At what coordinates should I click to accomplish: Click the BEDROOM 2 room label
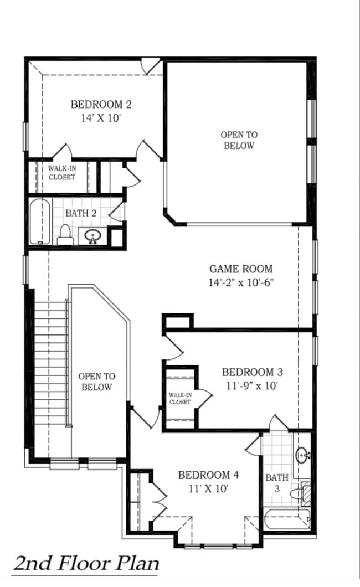pyautogui.click(x=101, y=104)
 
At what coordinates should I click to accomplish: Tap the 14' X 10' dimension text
pyautogui.click(x=101, y=118)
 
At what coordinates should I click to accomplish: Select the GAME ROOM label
pyautogui.click(x=241, y=269)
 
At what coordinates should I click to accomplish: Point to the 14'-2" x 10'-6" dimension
pyautogui.click(x=241, y=282)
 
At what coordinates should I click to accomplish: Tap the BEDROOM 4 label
pyautogui.click(x=208, y=475)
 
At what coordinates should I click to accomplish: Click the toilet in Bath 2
pyautogui.click(x=64, y=235)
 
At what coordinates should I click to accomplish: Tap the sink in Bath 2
pyautogui.click(x=92, y=236)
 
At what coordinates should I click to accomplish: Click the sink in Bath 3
pyautogui.click(x=302, y=455)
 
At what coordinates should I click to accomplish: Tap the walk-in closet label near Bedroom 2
pyautogui.click(x=61, y=173)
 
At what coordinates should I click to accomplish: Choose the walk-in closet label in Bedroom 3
pyautogui.click(x=180, y=398)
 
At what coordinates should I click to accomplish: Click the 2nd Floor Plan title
pyautogui.click(x=86, y=563)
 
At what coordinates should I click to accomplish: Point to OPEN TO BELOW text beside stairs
pyautogui.click(x=97, y=382)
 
